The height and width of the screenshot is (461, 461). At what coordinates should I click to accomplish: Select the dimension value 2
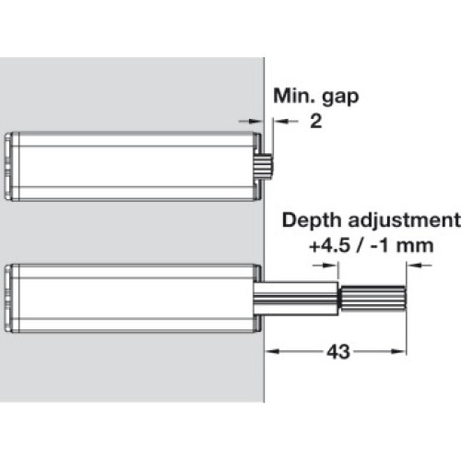pos(316,122)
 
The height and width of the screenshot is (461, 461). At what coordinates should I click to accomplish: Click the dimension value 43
pos(338,351)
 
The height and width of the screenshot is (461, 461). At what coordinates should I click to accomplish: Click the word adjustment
pos(405,220)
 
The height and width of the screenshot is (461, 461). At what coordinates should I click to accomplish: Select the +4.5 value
pos(329,246)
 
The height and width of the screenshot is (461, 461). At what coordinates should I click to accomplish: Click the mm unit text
pos(415,246)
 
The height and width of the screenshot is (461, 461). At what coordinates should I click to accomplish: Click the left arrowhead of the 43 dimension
pos(272,351)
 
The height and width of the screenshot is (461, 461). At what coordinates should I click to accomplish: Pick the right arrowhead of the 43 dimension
pos(399,351)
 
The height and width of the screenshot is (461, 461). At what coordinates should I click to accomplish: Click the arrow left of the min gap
pos(251,122)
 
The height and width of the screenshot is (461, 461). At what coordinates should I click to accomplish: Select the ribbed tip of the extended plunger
pos(373,298)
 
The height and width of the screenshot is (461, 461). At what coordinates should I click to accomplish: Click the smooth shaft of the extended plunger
pos(296,298)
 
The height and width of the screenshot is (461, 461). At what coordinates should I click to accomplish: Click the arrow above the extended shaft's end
pos(325,266)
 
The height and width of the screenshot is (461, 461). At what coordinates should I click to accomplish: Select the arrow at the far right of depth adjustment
pos(420,266)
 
